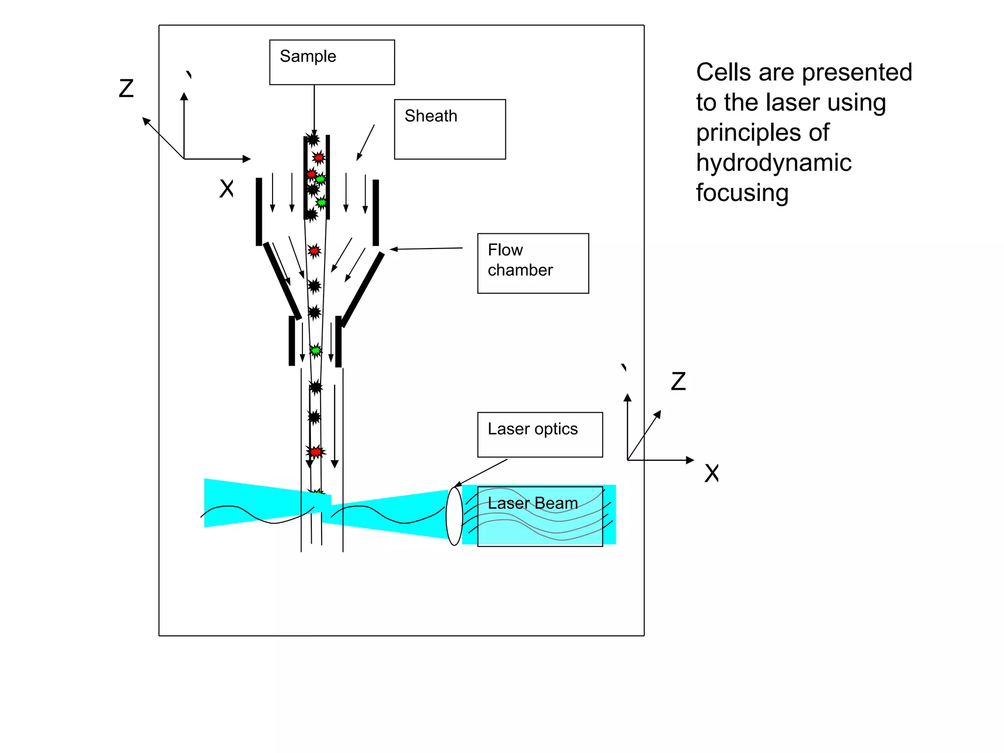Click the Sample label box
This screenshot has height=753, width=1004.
point(332,62)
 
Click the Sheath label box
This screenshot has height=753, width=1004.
point(450,129)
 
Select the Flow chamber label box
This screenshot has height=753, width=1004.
point(533,263)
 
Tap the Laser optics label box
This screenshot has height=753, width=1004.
point(540,434)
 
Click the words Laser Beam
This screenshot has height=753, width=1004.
point(532,503)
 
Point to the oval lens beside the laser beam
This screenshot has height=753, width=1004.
point(454,516)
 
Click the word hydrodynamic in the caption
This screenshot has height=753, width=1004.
point(773,163)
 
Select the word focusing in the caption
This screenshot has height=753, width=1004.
point(742,193)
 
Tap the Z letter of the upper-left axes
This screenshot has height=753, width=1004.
point(126,89)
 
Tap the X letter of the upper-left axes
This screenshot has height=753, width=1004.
point(226,188)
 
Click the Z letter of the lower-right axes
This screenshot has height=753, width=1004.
point(678,381)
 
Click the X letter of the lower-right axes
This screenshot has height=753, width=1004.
point(711,474)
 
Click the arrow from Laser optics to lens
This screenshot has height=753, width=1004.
point(481,473)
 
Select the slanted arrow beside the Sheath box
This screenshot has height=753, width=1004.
point(365,142)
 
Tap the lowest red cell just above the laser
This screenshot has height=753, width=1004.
point(316,452)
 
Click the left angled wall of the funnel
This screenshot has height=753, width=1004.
point(282,281)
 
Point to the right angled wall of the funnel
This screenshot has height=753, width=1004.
point(363,289)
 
